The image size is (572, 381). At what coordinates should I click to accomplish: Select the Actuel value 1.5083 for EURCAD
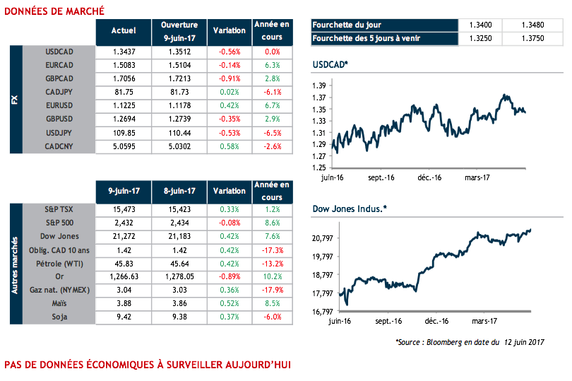124,65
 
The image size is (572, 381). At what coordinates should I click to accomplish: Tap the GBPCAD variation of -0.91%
230,78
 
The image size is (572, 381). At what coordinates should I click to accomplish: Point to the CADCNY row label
59,146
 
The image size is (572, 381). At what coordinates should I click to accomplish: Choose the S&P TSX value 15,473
124,209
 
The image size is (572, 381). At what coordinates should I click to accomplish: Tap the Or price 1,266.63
124,277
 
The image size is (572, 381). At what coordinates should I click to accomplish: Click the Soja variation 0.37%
230,317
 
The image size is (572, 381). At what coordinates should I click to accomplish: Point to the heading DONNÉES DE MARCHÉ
54,11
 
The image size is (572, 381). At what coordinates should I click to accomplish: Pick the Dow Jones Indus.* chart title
349,209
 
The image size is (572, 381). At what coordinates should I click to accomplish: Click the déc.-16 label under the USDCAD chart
429,177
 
